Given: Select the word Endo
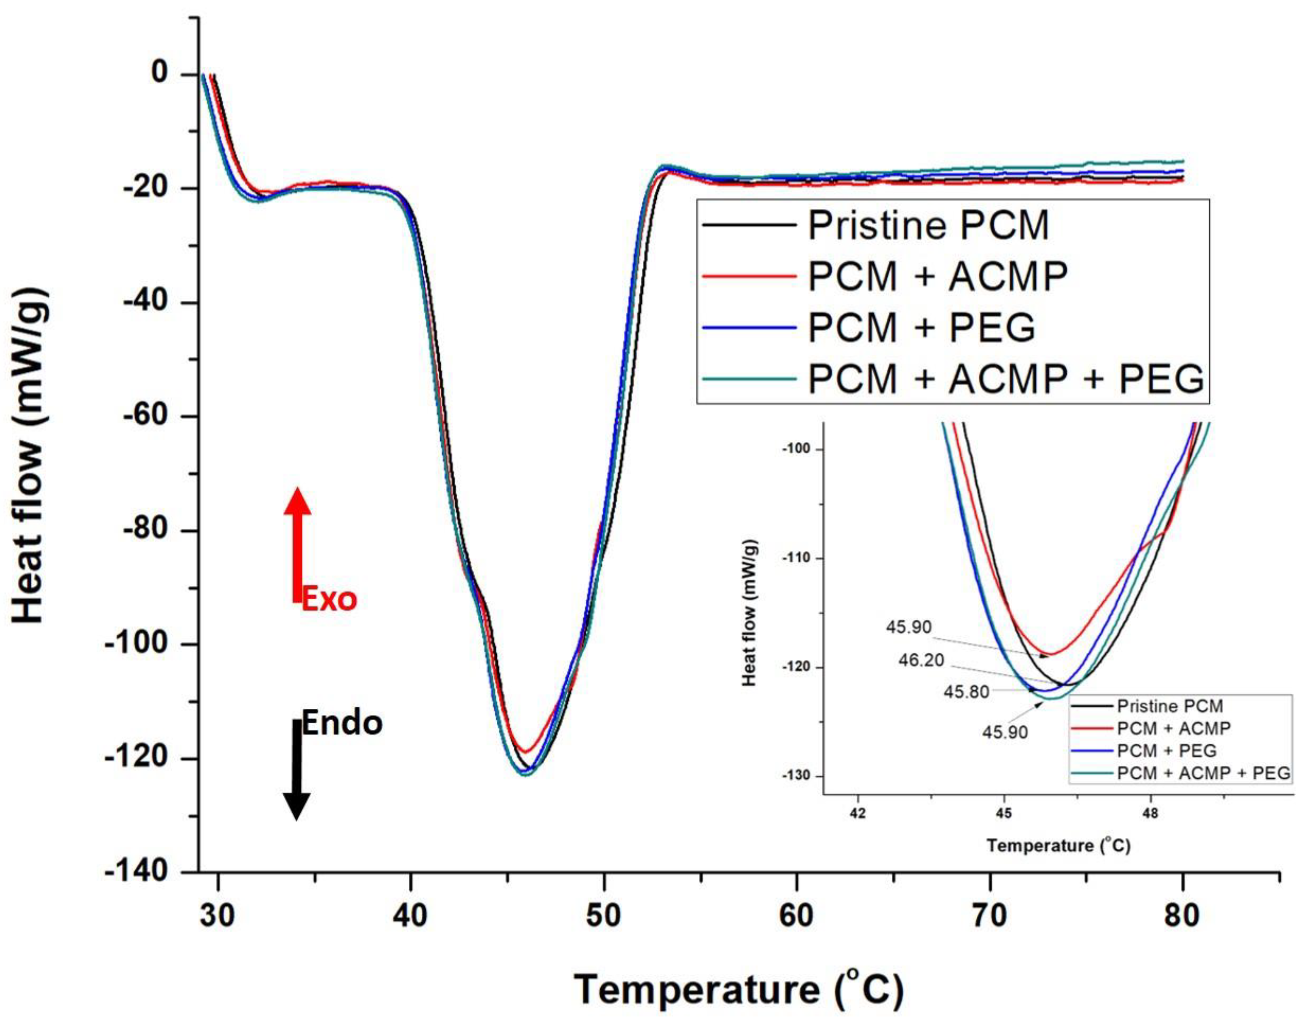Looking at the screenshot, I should point(342,723).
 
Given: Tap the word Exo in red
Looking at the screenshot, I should point(329,599).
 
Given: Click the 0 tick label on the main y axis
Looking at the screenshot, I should point(160,73).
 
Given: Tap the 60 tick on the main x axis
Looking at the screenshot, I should point(796,916).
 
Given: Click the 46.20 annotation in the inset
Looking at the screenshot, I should point(921,660).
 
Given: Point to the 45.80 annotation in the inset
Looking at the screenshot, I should point(966,692).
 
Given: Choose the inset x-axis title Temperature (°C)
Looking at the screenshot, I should point(1058,845).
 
